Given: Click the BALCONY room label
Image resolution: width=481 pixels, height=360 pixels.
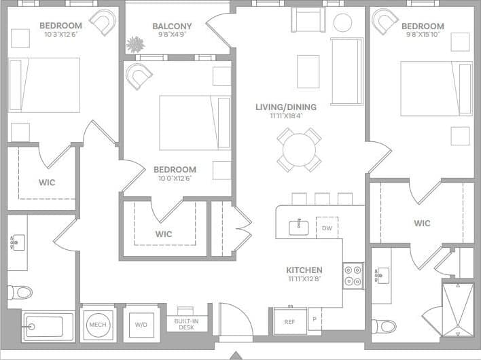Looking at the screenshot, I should click(172, 26).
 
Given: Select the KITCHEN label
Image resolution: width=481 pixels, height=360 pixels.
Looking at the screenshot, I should click(304, 270).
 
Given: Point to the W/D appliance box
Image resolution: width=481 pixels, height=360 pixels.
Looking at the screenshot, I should click(141, 325).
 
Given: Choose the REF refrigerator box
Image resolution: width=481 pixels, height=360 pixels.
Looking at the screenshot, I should click(289, 322).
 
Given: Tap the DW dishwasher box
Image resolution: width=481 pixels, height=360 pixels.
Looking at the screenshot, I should click(327, 228).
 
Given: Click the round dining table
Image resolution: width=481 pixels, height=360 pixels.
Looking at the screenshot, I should click(299, 149).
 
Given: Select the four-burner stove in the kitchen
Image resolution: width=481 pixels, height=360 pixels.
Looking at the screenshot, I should click(353, 276).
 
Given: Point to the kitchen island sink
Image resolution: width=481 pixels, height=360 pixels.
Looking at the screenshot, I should click(299, 228).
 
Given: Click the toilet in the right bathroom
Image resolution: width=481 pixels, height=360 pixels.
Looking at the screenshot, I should click(385, 326).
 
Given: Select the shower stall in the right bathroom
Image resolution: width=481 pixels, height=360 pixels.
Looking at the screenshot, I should click(458, 309).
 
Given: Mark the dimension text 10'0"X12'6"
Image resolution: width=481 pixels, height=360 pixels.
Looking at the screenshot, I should click(175, 179).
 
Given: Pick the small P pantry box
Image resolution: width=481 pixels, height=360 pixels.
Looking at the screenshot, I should click(315, 319).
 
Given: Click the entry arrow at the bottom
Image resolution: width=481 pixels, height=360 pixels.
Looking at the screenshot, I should click(236, 355).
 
